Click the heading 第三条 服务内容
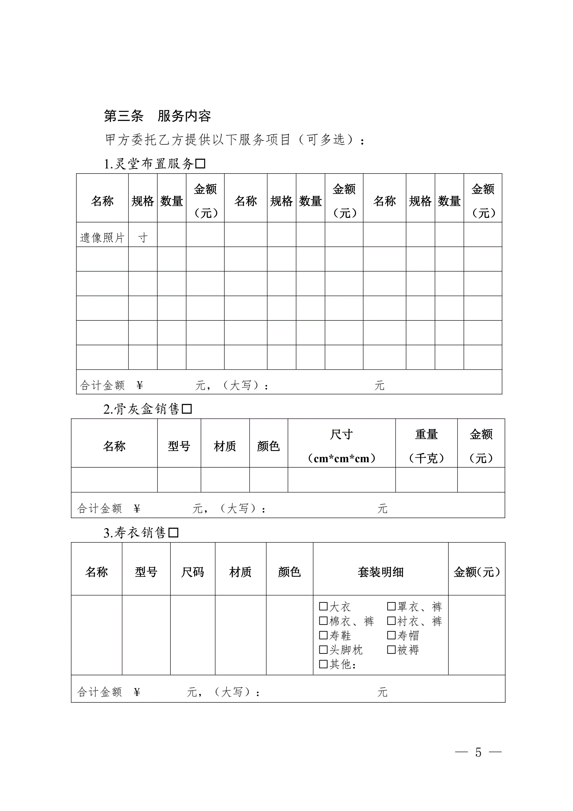[157, 116]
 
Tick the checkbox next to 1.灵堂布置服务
[200, 164]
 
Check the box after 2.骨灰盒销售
[187, 409]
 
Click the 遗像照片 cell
[102, 238]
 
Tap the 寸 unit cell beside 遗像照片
[143, 238]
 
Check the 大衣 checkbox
[323, 607]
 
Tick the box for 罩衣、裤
[391, 607]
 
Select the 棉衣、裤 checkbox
[323, 621]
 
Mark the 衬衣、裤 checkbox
[391, 621]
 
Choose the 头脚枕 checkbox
[323, 650]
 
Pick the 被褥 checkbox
[391, 650]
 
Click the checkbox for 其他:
[323, 664]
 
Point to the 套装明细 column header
[380, 572]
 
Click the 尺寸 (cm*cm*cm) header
[341, 446]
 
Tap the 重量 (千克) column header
[426, 446]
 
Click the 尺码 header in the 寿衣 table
[193, 572]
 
